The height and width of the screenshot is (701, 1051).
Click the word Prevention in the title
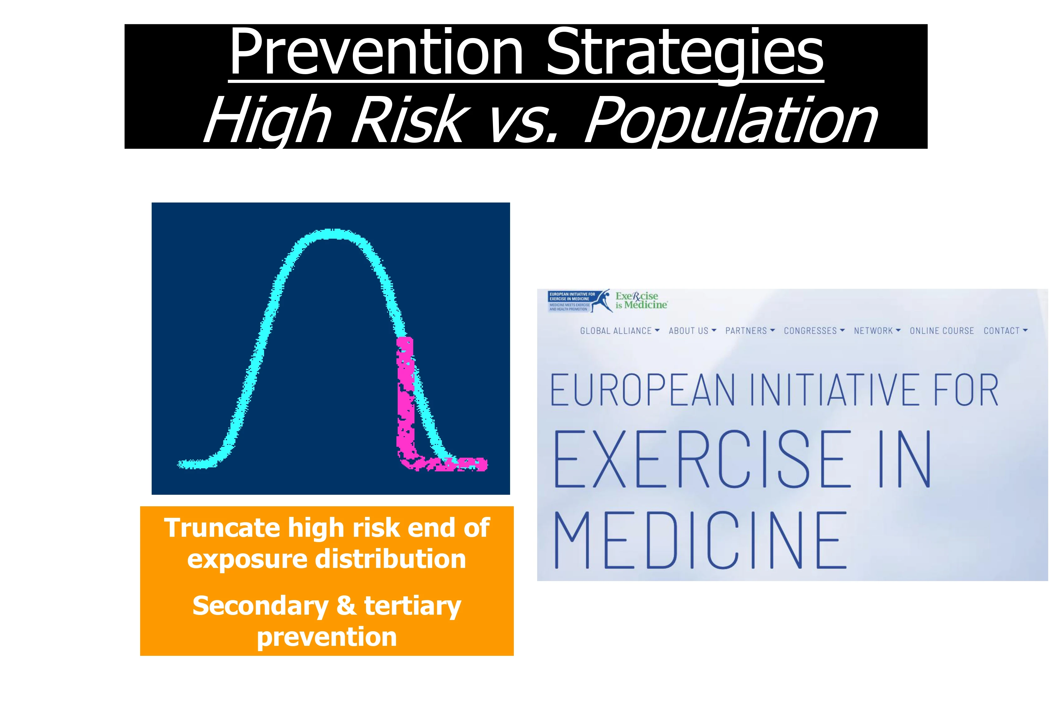click(x=376, y=52)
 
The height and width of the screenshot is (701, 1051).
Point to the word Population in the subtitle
click(x=731, y=122)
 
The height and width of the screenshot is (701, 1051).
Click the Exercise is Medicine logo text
click(x=641, y=300)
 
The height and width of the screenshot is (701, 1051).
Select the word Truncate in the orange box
click(x=222, y=528)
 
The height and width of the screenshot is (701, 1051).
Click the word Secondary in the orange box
click(x=261, y=606)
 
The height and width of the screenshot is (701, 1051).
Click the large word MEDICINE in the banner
click(x=700, y=541)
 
